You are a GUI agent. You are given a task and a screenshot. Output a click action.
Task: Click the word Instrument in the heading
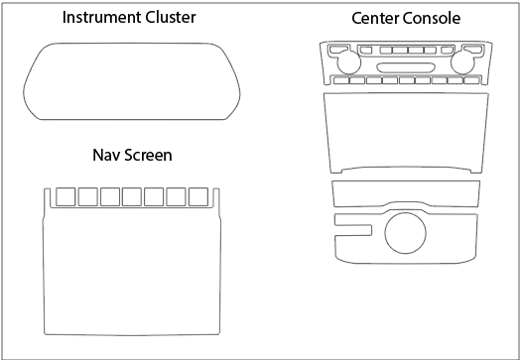tap(102, 17)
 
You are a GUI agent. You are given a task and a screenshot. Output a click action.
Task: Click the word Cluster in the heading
tap(171, 17)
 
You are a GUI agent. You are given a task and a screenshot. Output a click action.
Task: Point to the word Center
tap(375, 18)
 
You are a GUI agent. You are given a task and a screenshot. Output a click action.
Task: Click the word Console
tap(432, 18)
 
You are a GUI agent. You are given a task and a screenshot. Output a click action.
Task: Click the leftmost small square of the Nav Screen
tap(65, 196)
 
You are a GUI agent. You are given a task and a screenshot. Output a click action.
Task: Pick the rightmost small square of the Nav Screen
tap(198, 196)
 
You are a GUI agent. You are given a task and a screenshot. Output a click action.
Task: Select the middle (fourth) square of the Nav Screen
tap(132, 196)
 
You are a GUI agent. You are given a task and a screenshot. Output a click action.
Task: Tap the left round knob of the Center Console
tap(349, 62)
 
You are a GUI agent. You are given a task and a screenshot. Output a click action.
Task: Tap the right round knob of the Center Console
tap(462, 62)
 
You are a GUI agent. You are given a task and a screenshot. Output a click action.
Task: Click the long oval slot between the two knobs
tap(406, 67)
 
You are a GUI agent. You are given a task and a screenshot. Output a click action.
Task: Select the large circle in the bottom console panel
tap(405, 233)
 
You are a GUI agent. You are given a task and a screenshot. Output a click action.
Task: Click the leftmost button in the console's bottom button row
tap(341, 80)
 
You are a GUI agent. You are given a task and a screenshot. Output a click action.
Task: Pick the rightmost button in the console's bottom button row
tap(471, 80)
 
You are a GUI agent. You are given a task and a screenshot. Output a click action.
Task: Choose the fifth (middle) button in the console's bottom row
tap(407, 80)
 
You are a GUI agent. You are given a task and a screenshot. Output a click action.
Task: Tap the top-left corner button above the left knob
tap(338, 50)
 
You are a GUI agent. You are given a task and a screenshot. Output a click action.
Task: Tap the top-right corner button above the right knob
tap(473, 50)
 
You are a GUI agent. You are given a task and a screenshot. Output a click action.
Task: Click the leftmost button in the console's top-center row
tap(366, 50)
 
